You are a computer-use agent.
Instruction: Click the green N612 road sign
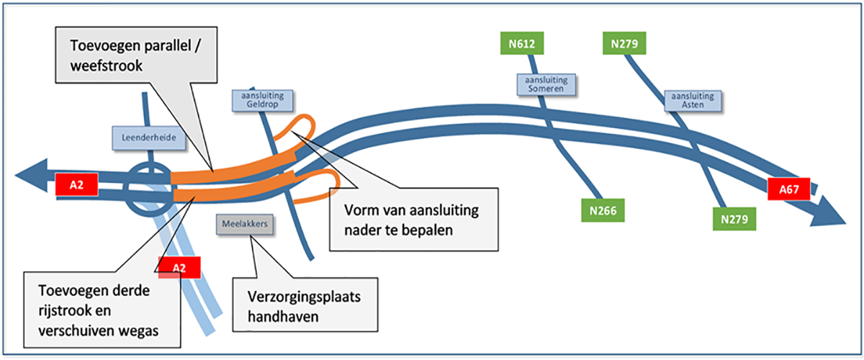522,43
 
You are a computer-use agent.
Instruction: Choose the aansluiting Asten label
691,101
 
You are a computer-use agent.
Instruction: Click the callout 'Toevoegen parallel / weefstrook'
132,56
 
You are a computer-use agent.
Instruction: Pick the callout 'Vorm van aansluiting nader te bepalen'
414,219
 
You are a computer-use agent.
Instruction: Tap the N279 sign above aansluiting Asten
624,43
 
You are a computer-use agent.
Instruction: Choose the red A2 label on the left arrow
76,184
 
